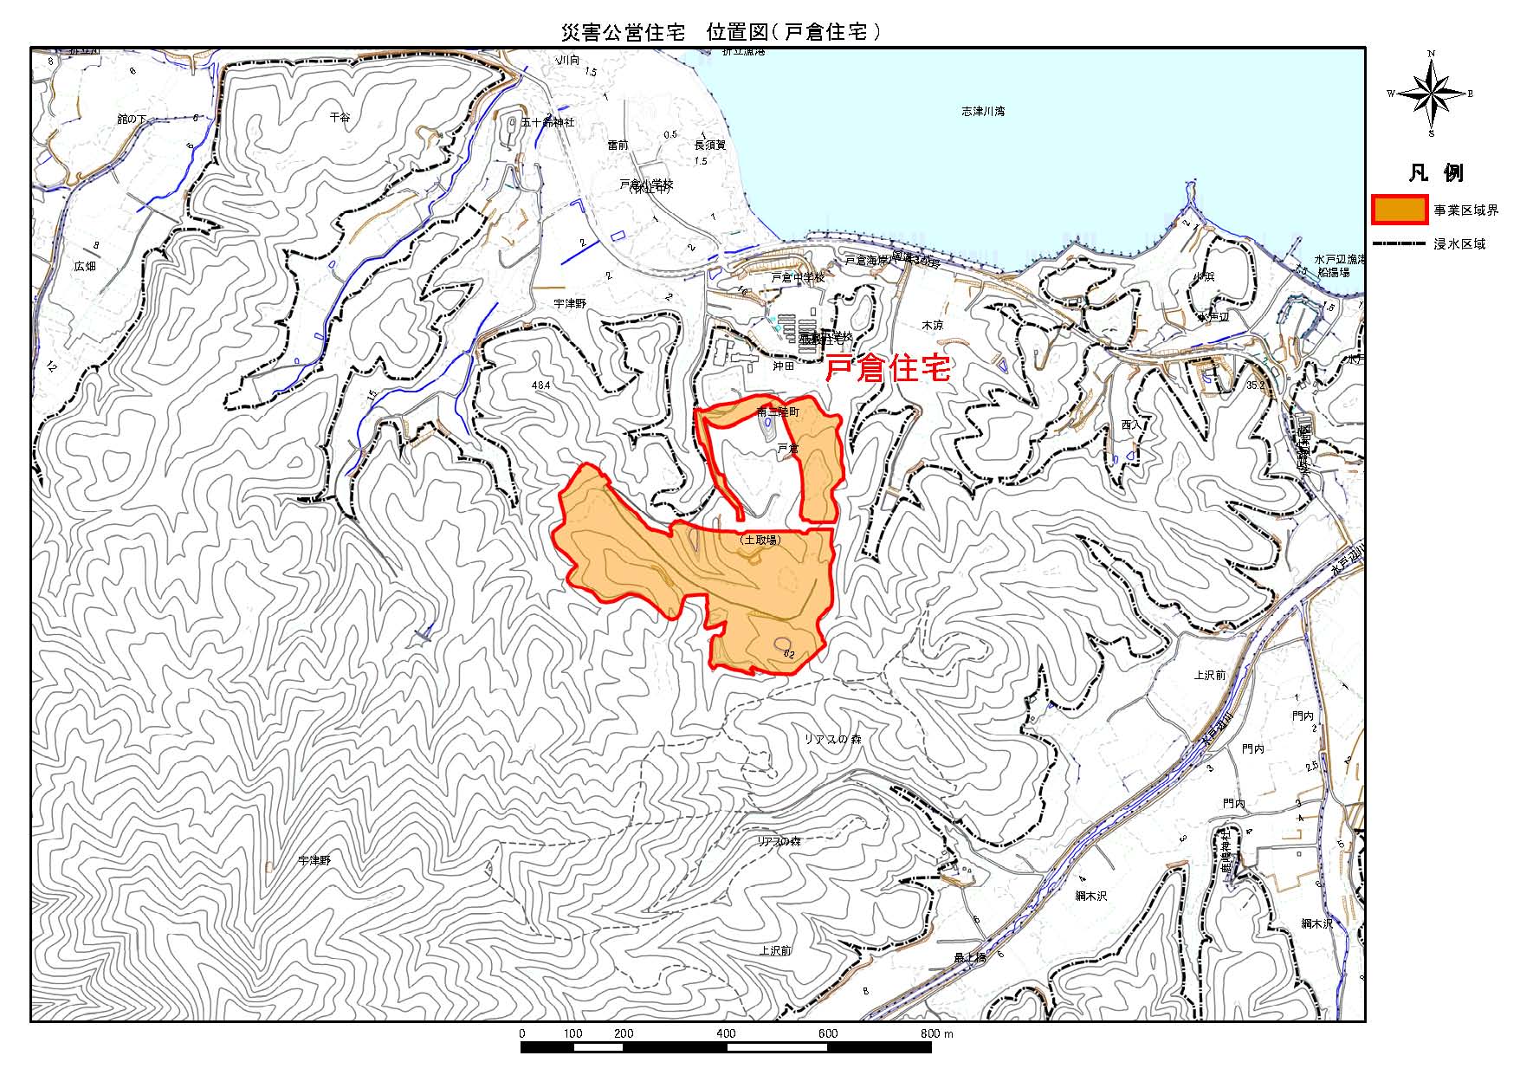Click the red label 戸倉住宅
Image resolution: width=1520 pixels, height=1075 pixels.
coord(888,369)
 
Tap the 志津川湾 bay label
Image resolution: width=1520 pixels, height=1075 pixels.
coord(983,112)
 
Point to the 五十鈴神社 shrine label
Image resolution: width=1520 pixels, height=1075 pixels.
coord(547,123)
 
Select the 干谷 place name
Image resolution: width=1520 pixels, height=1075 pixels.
coord(340,116)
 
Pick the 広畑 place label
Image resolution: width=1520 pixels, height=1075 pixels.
coord(85,267)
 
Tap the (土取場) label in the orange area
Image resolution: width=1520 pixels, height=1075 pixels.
coord(760,540)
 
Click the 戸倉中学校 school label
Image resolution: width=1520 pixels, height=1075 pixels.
coord(798,278)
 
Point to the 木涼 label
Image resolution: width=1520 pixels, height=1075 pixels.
coord(932,326)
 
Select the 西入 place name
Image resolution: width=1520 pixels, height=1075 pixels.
coord(1131,425)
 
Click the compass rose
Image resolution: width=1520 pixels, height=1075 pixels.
coord(1431,94)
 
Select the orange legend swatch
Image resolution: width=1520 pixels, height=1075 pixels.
coord(1400,210)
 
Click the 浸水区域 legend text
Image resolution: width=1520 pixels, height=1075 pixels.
coord(1459,244)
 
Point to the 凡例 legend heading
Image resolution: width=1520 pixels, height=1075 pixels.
coord(1435,173)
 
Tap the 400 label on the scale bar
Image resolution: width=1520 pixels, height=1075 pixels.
coord(726,1033)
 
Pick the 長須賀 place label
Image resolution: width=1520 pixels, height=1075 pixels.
coord(710,146)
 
